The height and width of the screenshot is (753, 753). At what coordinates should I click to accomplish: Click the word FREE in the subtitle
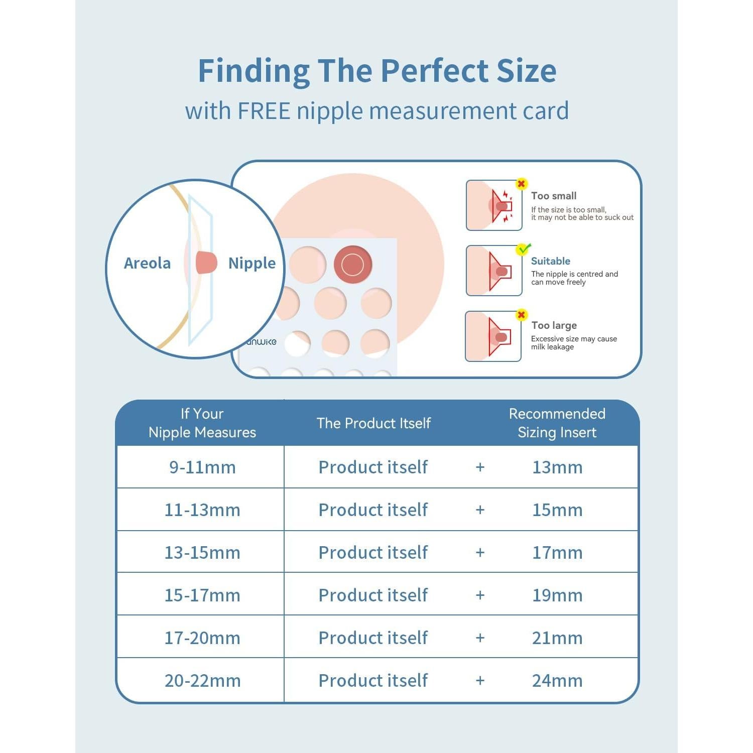pyautogui.click(x=264, y=111)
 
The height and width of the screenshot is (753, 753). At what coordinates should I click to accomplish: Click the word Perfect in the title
pyautogui.click(x=432, y=70)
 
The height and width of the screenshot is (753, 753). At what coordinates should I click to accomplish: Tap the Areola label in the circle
pyautogui.click(x=147, y=263)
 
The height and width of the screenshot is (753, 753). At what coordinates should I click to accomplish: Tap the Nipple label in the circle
pyautogui.click(x=252, y=264)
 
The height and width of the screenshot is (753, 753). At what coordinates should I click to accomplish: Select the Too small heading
pyautogui.click(x=554, y=196)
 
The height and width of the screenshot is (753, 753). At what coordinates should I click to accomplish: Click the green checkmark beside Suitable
pyautogui.click(x=523, y=249)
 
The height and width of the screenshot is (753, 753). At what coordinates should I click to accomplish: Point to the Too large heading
pyautogui.click(x=554, y=326)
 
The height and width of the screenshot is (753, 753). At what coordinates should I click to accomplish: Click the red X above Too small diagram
pyautogui.click(x=522, y=184)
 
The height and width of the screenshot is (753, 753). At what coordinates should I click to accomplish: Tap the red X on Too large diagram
pyautogui.click(x=522, y=315)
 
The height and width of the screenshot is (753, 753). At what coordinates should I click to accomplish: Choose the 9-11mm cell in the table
pyautogui.click(x=202, y=467)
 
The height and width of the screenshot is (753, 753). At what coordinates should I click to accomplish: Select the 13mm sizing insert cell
pyautogui.click(x=557, y=467)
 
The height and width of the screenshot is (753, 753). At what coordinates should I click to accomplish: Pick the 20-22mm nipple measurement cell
pyautogui.click(x=202, y=681)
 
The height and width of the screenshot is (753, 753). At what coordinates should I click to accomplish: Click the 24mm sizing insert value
pyautogui.click(x=557, y=681)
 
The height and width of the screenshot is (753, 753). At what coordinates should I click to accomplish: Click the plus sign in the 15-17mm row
pyautogui.click(x=480, y=595)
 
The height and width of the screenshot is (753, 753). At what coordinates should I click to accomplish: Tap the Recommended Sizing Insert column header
pyautogui.click(x=557, y=423)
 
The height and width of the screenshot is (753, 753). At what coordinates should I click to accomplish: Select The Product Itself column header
pyautogui.click(x=373, y=423)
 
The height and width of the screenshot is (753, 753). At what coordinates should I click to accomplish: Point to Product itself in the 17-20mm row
pyautogui.click(x=373, y=638)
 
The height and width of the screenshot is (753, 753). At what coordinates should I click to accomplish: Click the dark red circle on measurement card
pyautogui.click(x=353, y=265)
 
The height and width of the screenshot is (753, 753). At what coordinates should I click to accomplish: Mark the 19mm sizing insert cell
pyautogui.click(x=557, y=595)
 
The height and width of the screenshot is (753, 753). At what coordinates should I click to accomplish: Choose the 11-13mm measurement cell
pyautogui.click(x=202, y=510)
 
